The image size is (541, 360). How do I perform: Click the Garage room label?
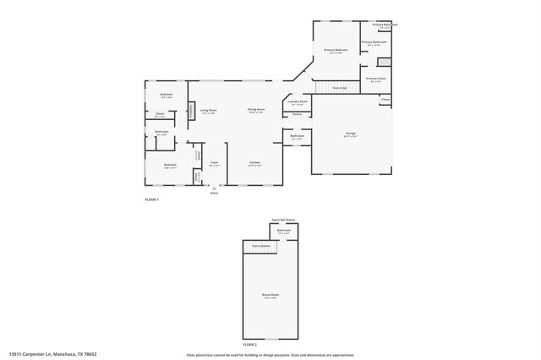350,133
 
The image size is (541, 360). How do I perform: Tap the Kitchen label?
254,162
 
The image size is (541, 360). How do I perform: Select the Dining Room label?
256,110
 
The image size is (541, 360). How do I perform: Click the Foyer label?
215,162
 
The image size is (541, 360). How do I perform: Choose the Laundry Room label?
298,101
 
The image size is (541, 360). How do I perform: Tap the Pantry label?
298,114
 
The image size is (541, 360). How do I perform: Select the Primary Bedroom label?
336,50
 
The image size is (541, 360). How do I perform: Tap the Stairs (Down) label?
260,246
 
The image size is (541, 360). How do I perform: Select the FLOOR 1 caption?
152,199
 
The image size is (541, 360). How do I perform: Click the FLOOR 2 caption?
250,345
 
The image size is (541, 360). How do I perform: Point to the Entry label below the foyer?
214,194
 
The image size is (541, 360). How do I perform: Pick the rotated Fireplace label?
192,111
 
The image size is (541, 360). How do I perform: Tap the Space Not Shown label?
282,220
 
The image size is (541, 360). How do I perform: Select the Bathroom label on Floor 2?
284,230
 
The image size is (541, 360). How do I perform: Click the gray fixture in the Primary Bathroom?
383,62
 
